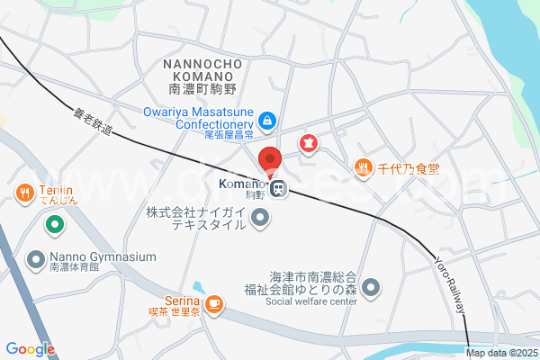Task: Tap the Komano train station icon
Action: click(x=280, y=189)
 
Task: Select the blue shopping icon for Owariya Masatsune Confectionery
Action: click(x=267, y=119)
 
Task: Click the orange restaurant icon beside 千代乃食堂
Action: click(x=364, y=166)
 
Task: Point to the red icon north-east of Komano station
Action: click(x=309, y=142)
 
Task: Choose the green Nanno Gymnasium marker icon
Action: click(x=37, y=259)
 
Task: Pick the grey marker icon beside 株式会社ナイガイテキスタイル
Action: click(x=260, y=217)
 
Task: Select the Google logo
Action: click(x=30, y=349)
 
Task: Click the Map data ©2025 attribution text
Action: click(x=501, y=353)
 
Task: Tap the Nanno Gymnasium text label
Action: click(x=103, y=256)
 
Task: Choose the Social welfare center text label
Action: click(x=311, y=301)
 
